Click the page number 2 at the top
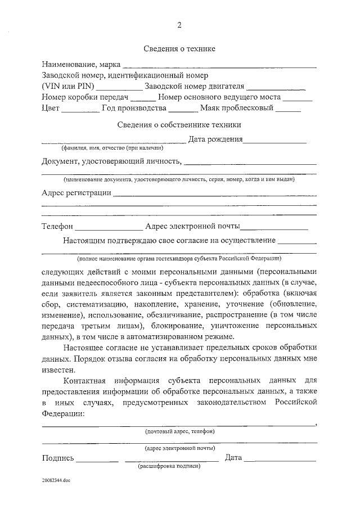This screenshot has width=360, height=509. point(179,25)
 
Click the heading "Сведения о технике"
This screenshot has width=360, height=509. point(179,49)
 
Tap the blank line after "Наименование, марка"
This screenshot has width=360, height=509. point(219,67)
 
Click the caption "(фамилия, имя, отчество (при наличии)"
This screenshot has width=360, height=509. point(112,149)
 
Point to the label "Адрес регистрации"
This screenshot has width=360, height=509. point(76,193)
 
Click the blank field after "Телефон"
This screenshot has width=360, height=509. point(109,229)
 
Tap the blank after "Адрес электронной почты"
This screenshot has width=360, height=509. point(274,229)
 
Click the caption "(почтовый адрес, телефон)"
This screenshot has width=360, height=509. point(179,431)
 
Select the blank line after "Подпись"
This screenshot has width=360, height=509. point(97,461)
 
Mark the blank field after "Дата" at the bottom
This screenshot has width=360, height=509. point(280,461)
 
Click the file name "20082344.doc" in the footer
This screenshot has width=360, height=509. point(56,481)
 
